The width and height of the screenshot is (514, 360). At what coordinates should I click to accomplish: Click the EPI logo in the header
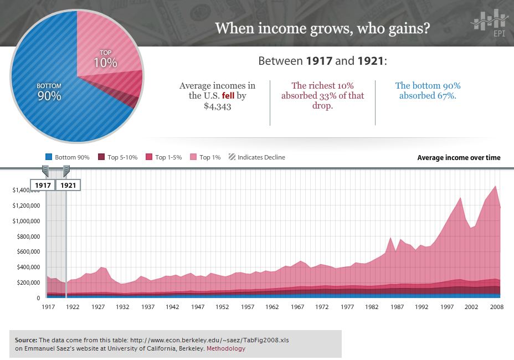(489, 25)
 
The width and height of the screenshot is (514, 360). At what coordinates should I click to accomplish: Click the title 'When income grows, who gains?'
(322, 28)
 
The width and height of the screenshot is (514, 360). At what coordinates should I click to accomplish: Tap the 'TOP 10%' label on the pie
(105, 59)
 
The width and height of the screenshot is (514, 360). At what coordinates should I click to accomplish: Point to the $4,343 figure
(217, 106)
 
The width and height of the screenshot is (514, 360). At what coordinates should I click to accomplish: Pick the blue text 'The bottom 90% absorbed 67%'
(428, 91)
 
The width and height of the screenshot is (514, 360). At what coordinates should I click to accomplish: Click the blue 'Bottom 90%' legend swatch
(49, 157)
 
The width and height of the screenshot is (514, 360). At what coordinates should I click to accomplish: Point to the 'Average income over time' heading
(459, 158)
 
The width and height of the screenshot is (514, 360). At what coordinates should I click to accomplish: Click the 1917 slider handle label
(43, 185)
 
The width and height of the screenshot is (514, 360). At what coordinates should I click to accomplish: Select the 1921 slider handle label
(68, 185)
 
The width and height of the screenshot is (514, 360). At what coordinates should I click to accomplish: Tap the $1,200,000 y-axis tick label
(26, 205)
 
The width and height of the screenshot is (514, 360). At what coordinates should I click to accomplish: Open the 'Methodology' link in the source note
(226, 349)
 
